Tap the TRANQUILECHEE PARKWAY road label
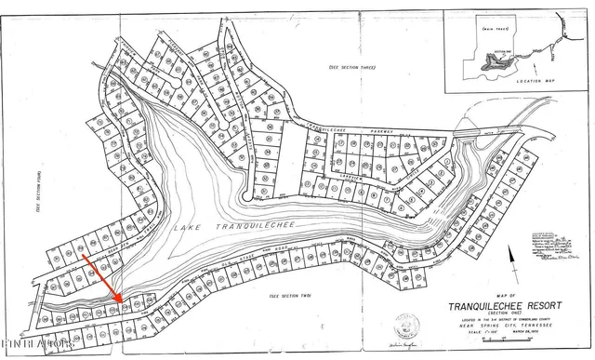(x=344, y=128)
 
